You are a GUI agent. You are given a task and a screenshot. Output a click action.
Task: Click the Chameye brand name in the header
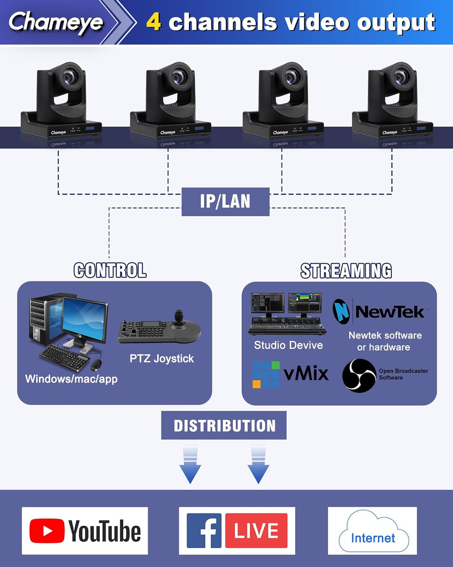tap(56, 22)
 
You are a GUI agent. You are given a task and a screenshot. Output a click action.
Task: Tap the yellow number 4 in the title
tap(154, 21)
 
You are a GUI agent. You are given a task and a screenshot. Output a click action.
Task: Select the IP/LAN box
tap(225, 202)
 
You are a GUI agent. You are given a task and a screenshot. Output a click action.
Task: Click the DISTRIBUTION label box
tap(224, 425)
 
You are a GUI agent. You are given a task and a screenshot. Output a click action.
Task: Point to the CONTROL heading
tap(110, 270)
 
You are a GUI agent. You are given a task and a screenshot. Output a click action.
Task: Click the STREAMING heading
tap(346, 271)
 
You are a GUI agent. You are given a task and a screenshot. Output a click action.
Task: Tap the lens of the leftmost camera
tap(69, 77)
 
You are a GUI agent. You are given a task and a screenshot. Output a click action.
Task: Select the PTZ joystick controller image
tap(160, 328)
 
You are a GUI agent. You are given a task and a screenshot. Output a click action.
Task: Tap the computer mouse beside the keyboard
tap(96, 365)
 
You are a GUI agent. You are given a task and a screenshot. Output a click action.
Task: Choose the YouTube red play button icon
tap(47, 531)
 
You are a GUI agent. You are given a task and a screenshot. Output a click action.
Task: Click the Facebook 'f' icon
tap(204, 530)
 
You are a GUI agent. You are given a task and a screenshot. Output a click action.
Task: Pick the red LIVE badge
tap(256, 530)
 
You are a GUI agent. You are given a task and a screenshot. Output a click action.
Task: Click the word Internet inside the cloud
tap(373, 538)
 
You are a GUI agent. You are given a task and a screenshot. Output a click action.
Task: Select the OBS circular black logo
tap(359, 375)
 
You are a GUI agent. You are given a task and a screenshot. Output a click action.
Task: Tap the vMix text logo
tap(306, 373)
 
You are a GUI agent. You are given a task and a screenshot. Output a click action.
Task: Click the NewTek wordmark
tap(390, 312)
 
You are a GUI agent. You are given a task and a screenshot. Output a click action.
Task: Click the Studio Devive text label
tap(288, 345)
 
